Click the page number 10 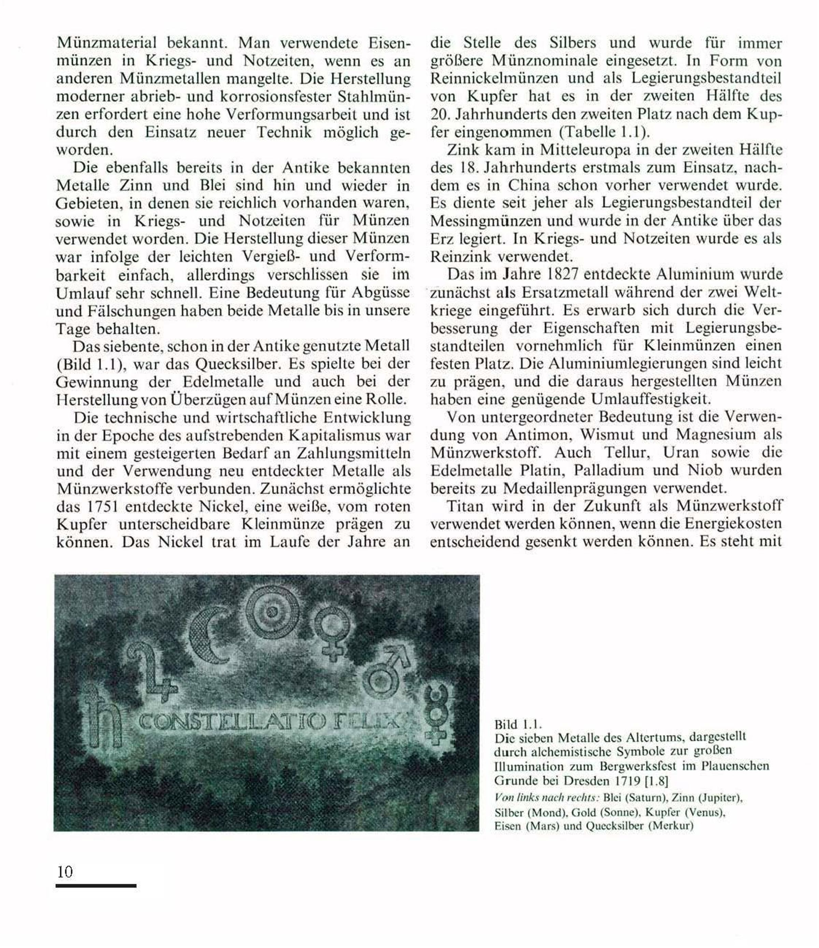65,872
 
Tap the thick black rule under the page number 96,886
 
